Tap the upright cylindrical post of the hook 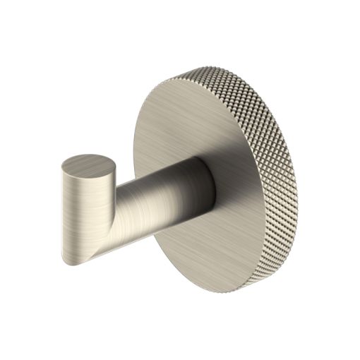click(79, 212)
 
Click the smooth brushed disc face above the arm click(184, 120)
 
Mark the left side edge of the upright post click(61, 212)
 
